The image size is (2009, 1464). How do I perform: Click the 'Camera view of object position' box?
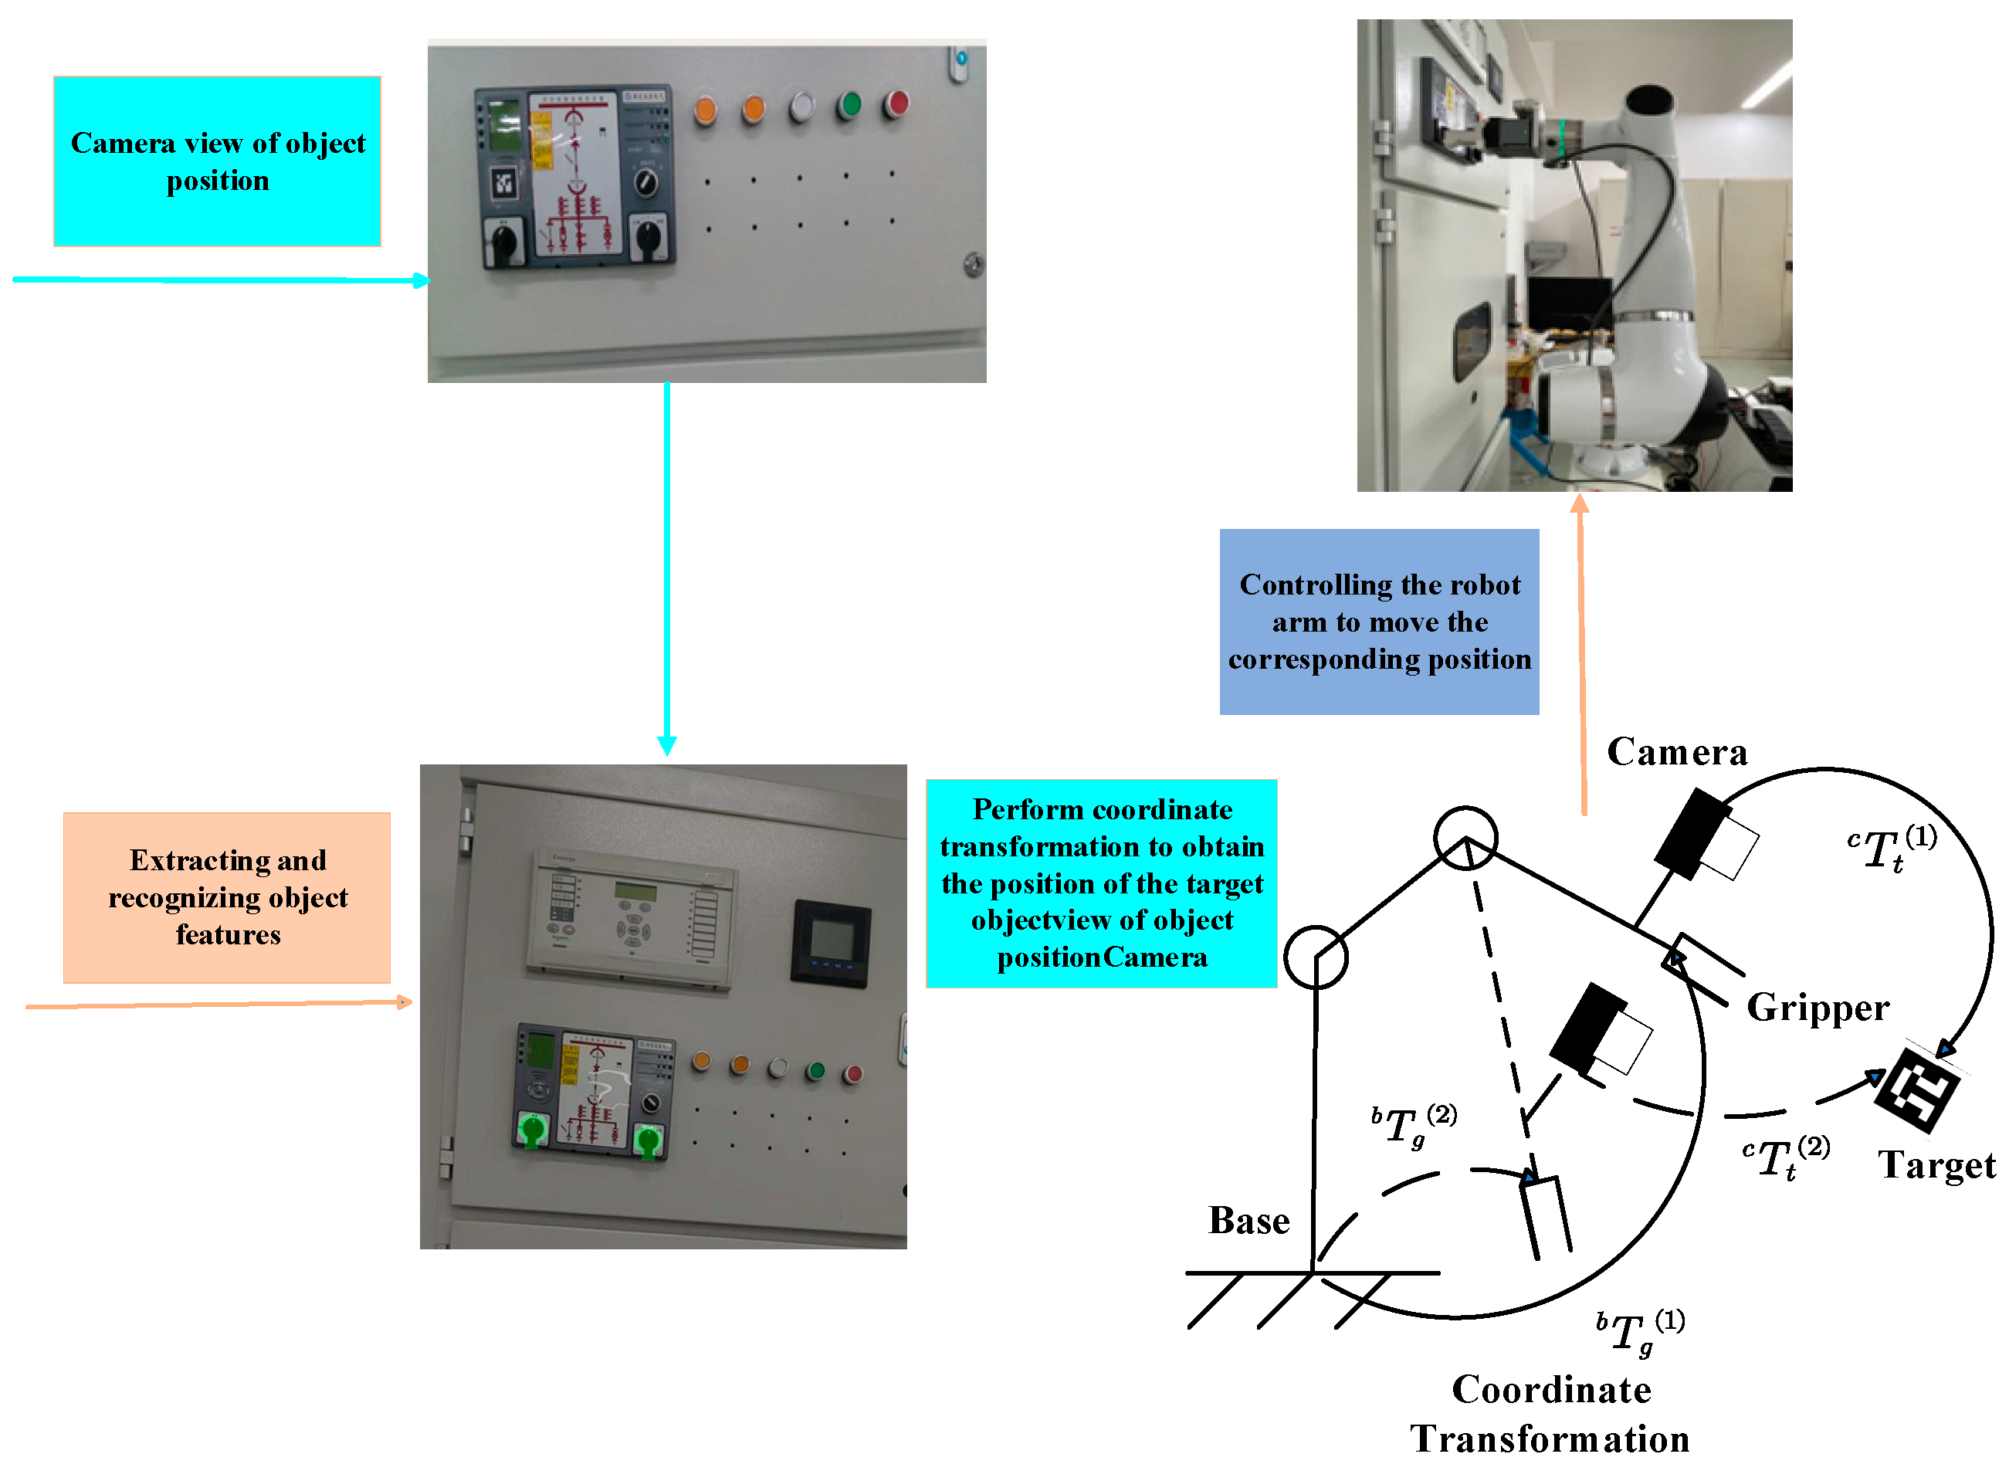[x=217, y=161]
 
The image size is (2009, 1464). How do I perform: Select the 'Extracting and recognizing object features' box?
[x=227, y=898]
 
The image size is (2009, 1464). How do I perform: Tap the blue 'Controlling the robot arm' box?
[x=1379, y=622]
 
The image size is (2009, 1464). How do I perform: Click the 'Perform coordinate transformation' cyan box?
[x=1102, y=883]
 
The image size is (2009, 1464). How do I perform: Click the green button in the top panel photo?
[x=850, y=104]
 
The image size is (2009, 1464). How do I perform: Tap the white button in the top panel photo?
[x=801, y=107]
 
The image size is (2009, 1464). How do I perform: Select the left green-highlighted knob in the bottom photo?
[x=533, y=1130]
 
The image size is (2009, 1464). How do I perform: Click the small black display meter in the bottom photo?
[x=830, y=943]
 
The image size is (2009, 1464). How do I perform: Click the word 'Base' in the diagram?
[x=1248, y=1222]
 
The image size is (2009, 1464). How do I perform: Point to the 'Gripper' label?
[x=1818, y=1008]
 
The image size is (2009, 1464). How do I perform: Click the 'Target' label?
[x=1937, y=1165]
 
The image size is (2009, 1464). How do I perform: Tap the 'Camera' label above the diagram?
[x=1677, y=752]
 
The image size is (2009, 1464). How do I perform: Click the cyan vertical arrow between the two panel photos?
[x=667, y=568]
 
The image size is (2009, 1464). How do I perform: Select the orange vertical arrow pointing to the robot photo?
[x=1582, y=656]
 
